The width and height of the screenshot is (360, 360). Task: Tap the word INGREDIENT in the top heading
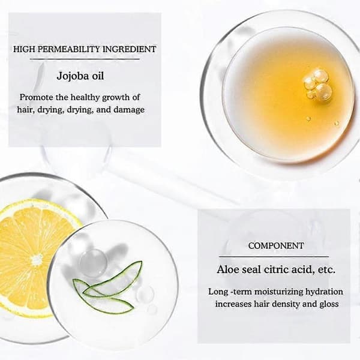[x=129, y=49]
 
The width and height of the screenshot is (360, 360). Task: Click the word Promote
[x=36, y=97]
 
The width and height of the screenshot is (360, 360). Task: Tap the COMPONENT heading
[x=276, y=246]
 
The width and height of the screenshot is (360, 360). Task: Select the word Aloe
[x=227, y=269]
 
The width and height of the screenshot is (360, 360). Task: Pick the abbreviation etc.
[x=326, y=270]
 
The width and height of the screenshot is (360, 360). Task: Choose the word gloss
[x=329, y=304]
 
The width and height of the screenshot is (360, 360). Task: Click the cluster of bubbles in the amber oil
[x=318, y=84]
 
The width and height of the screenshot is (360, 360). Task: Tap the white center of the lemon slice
[x=37, y=260]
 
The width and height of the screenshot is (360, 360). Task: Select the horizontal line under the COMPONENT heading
[x=274, y=257]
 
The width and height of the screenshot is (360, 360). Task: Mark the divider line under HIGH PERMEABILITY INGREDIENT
[x=85, y=59]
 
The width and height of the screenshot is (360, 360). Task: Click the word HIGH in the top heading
[x=25, y=49]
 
